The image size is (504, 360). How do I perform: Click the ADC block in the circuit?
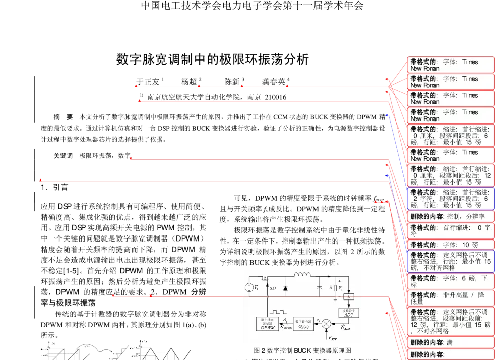[349, 312]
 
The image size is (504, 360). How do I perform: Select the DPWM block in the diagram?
[266, 324]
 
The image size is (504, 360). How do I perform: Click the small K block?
[349, 296]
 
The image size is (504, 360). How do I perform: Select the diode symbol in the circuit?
[285, 288]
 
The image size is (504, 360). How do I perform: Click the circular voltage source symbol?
[249, 288]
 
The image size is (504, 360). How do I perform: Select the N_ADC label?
[346, 328]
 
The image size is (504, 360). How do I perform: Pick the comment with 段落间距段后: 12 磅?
[451, 175]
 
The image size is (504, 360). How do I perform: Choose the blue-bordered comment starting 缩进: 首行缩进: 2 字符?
[451, 199]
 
